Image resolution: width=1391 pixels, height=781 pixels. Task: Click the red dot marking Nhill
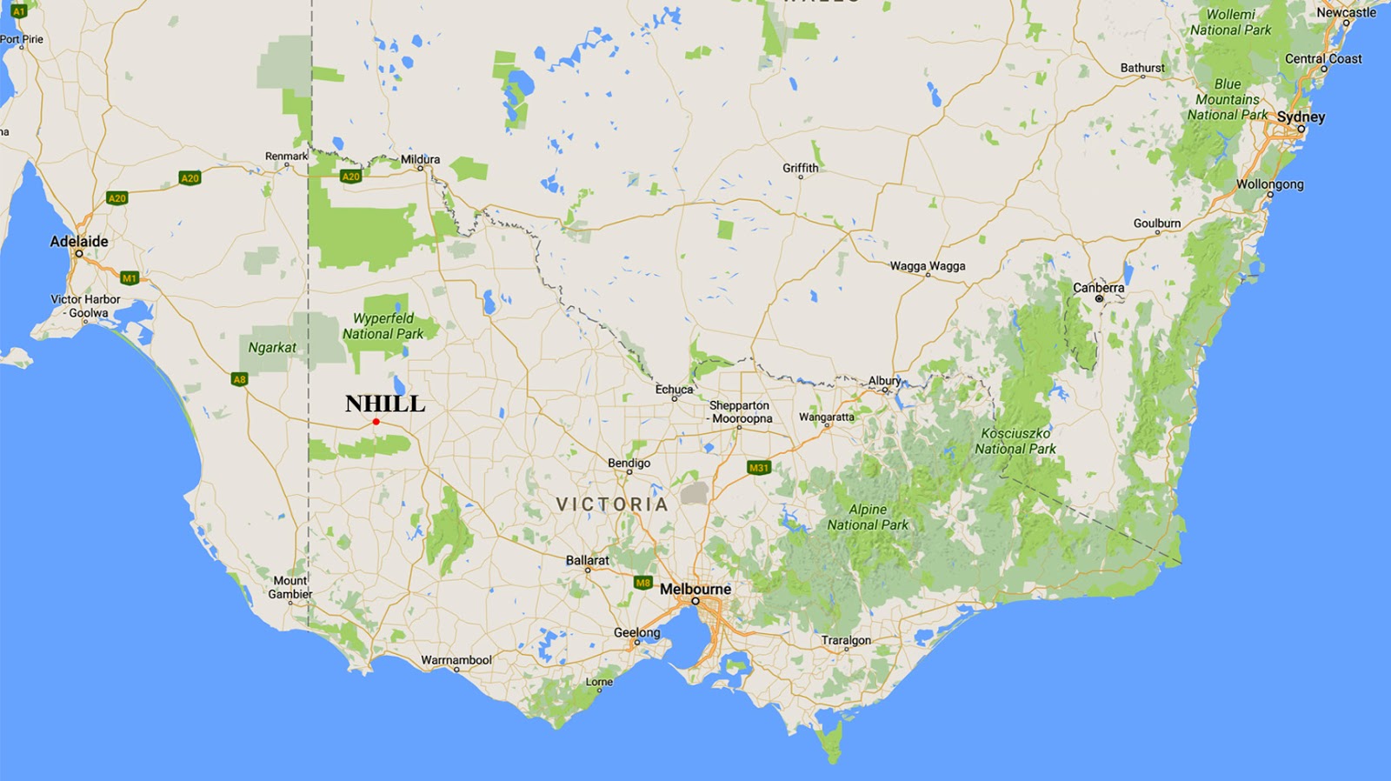click(376, 422)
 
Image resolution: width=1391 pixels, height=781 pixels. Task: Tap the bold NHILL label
click(385, 404)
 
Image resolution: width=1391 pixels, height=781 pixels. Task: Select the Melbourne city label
click(695, 589)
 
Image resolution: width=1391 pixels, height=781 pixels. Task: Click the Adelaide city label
click(79, 241)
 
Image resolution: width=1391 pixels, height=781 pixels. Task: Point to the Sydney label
click(1301, 117)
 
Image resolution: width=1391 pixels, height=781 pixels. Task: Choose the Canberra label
click(1098, 287)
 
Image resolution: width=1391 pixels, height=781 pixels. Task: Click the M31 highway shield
click(759, 468)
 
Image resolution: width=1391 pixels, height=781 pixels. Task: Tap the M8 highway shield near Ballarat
click(642, 583)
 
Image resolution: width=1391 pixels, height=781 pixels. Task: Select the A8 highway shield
click(239, 379)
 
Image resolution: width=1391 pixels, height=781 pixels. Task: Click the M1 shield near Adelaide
click(130, 278)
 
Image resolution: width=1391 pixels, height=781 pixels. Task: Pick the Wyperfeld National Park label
click(383, 326)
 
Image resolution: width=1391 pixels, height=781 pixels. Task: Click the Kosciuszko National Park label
click(1015, 441)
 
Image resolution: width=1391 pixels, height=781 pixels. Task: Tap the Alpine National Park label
click(868, 517)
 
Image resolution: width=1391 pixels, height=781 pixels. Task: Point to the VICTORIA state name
click(612, 504)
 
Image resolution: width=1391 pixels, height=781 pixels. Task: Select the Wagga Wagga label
click(927, 266)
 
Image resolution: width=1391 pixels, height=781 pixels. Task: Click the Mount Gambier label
click(290, 587)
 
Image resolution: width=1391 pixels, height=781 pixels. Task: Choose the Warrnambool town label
click(456, 660)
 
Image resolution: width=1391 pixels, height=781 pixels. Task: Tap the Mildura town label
click(420, 159)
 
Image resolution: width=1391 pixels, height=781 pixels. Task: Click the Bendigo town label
click(629, 463)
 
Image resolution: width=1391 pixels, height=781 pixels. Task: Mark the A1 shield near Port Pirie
click(19, 12)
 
